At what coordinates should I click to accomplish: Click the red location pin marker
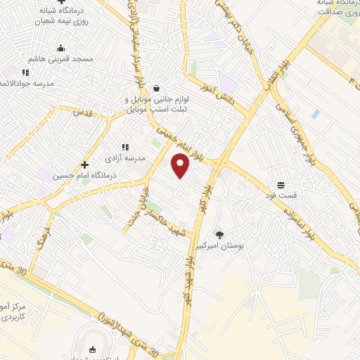tap(181, 166)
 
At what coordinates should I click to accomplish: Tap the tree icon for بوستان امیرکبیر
tap(220, 236)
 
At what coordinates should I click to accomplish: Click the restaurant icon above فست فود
tap(281, 184)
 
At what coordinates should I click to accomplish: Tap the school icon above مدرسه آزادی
tap(125, 147)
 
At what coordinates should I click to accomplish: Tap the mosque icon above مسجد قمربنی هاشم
tap(61, 49)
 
